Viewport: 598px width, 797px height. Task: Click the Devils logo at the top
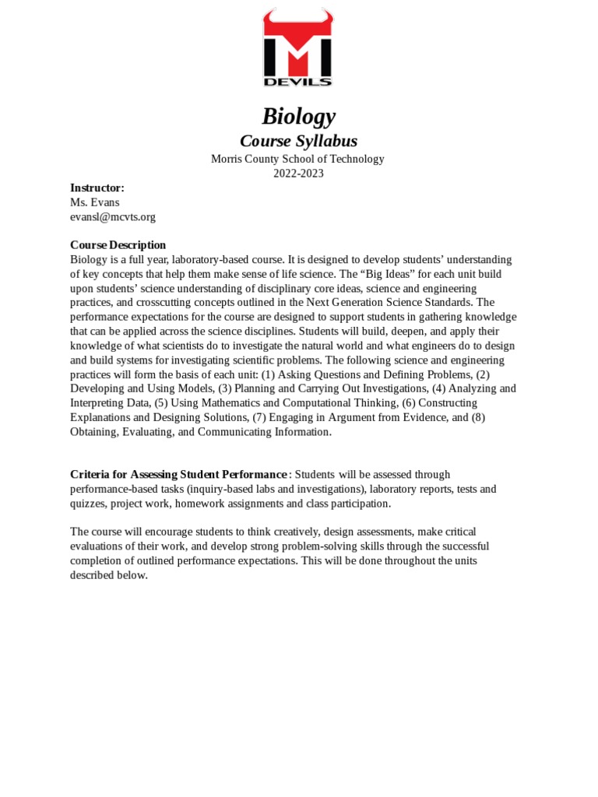298,48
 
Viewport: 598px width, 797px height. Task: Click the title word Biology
298,117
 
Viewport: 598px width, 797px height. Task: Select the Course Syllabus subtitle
298,141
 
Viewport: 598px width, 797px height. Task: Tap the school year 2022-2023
298,174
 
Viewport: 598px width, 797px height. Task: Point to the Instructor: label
97,188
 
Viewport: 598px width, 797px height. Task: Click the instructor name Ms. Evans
95,202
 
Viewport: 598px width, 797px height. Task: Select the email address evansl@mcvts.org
113,217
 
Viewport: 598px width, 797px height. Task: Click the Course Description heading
118,245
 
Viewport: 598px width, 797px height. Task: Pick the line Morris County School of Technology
298,159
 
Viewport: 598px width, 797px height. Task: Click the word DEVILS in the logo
298,81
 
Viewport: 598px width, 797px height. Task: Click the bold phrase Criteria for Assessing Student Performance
178,475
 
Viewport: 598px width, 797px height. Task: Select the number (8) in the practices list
477,417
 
